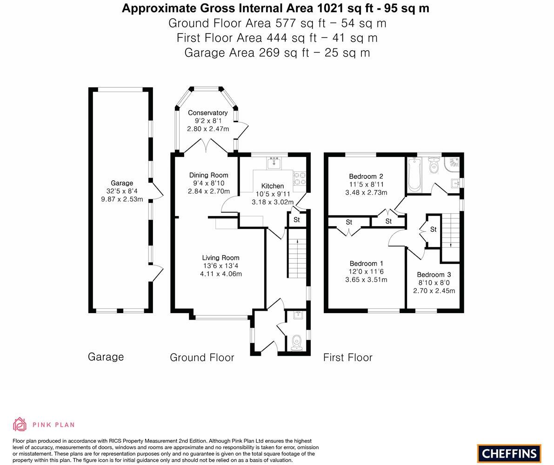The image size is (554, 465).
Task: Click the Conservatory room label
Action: tap(207, 113)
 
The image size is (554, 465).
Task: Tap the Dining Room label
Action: tap(208, 175)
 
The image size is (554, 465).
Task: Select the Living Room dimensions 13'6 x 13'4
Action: tap(221, 266)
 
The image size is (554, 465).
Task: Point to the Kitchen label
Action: tap(273, 186)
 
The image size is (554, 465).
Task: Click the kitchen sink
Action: tap(274, 163)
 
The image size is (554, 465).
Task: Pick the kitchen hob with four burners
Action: tap(300, 178)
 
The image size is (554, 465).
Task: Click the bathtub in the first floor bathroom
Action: tap(414, 175)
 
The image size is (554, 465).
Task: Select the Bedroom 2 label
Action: tap(366, 177)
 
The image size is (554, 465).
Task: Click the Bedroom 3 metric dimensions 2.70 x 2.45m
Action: tap(434, 291)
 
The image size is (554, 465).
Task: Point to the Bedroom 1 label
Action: tap(367, 263)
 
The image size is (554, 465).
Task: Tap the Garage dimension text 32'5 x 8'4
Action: tap(122, 191)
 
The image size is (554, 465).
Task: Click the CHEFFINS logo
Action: tap(509, 453)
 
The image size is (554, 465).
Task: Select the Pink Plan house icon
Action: tap(20, 425)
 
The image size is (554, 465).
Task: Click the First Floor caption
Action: tap(347, 357)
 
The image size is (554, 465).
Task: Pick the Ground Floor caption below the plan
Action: tap(202, 357)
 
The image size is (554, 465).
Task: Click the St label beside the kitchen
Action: tap(297, 219)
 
